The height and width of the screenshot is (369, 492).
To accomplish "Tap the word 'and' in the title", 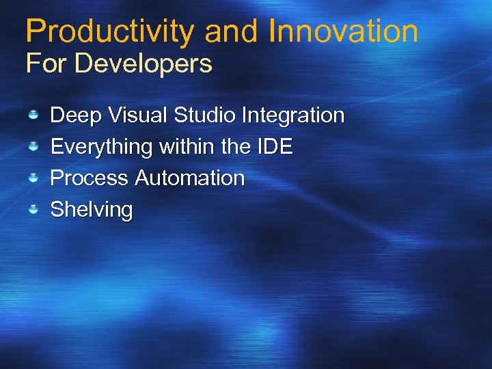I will coord(232,31).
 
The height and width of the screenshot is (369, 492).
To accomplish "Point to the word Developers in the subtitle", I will coord(143,64).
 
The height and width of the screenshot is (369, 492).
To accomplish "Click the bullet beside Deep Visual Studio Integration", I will coord(33,115).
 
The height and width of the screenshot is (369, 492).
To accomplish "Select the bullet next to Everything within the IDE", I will coord(33,147).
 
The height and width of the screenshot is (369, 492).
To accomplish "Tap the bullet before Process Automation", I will coord(33,178).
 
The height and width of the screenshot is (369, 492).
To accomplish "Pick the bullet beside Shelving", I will coord(33,210).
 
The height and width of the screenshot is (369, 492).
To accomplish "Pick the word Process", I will coord(90,178).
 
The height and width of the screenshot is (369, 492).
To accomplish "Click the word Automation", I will coord(189,178).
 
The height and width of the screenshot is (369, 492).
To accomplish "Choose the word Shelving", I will coord(92,210).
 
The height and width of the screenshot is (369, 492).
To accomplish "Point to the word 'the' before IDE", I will coord(232,147).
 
